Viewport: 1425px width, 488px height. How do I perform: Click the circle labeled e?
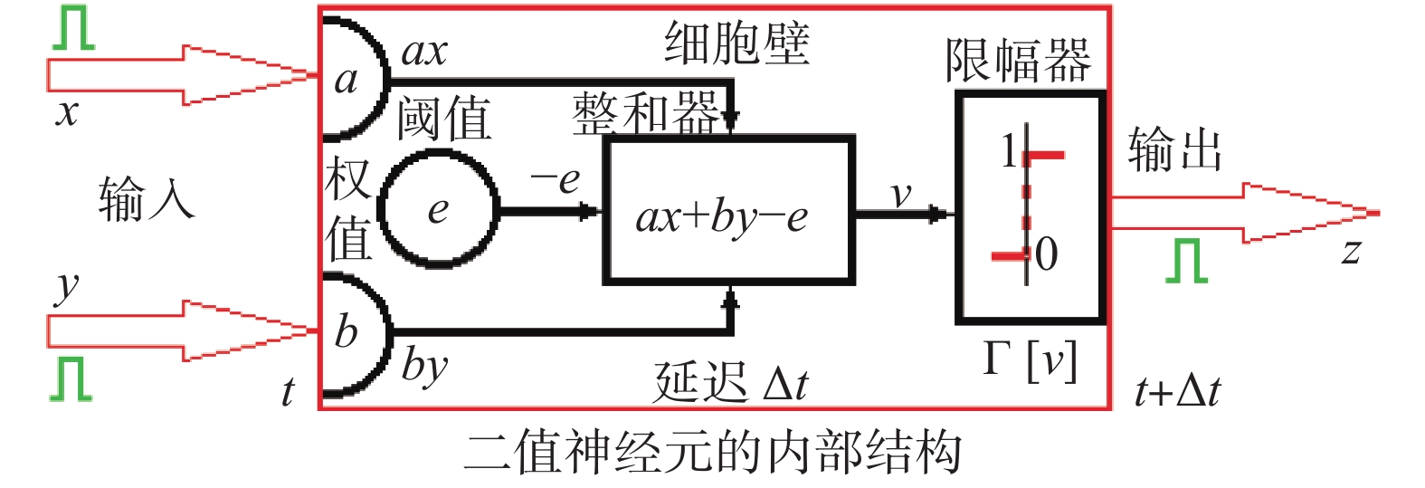[440, 209]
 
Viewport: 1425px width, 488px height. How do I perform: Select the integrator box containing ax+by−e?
[728, 210]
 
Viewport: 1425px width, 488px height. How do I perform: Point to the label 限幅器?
[1018, 61]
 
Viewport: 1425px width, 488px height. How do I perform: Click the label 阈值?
[444, 119]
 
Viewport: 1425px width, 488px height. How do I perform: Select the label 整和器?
[645, 115]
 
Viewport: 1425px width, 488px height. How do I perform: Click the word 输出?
[1174, 149]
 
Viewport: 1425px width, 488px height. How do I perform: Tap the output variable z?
[1351, 252]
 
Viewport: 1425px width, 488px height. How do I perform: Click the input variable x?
[67, 112]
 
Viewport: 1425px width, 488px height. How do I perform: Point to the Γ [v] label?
[1030, 359]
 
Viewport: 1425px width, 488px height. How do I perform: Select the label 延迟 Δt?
[731, 382]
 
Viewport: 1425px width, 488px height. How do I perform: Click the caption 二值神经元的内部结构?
[712, 453]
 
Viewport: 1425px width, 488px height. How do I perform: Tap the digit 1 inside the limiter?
[1008, 151]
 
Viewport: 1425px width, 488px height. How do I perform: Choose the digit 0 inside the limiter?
[1046, 254]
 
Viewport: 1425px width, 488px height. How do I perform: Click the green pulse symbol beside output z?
[1186, 261]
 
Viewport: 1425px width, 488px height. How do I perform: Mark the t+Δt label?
[1177, 391]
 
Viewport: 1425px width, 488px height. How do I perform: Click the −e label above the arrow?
[556, 179]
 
